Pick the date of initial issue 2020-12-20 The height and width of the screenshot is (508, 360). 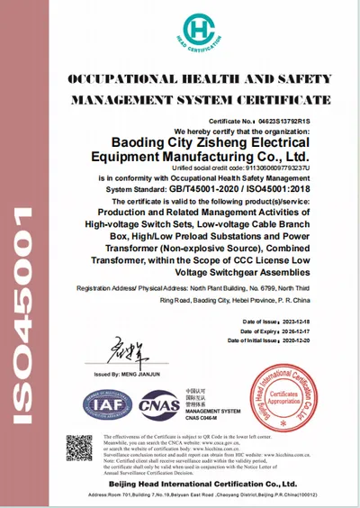[297, 340]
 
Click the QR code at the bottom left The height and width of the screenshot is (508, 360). [79, 448]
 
